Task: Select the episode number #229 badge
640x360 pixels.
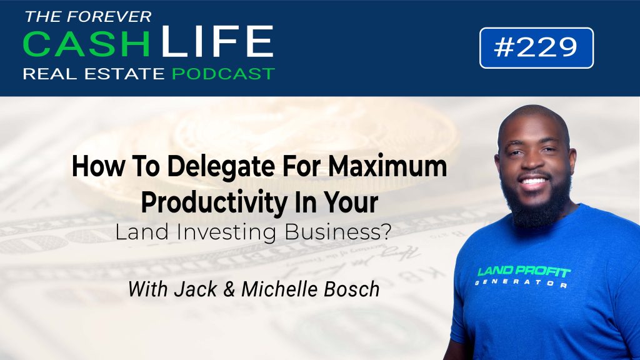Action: [536, 47]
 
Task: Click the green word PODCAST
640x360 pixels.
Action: [223, 74]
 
